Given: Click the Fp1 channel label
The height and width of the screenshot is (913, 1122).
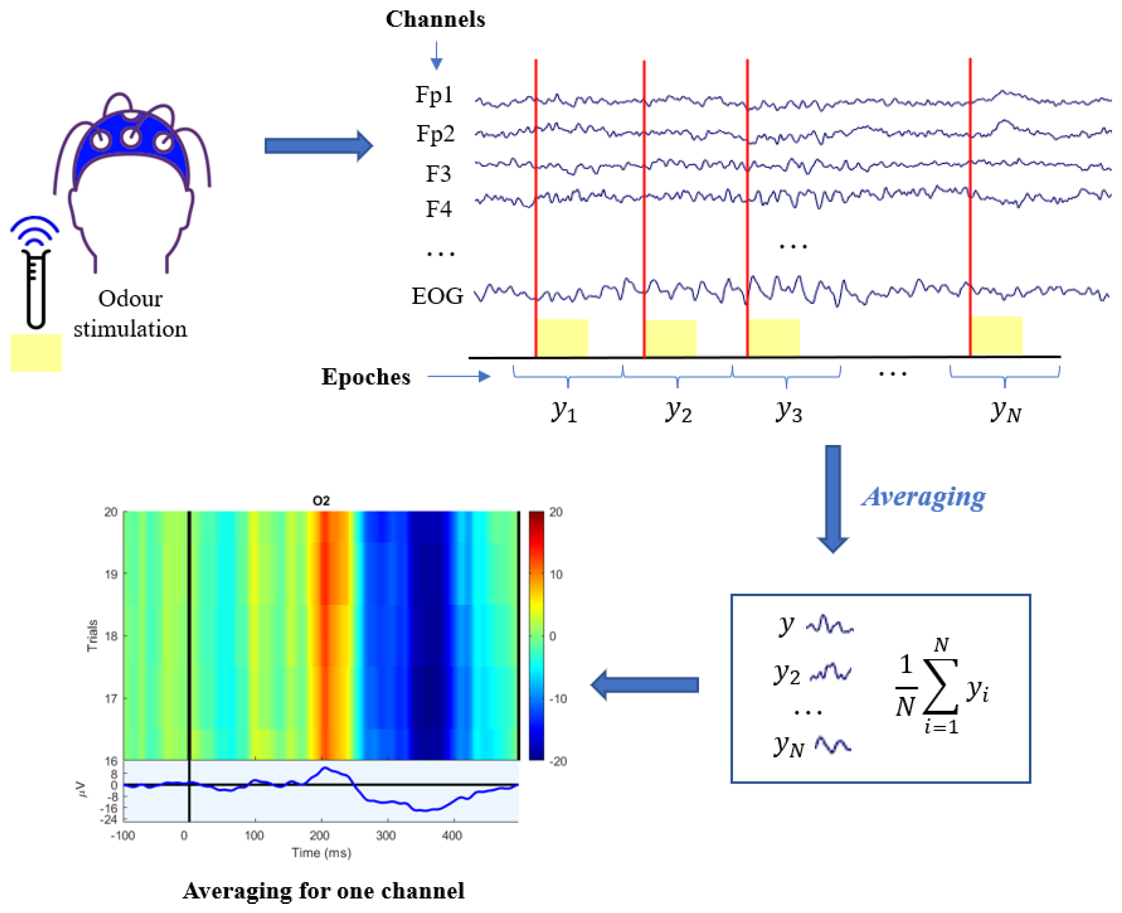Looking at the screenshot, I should click(434, 95).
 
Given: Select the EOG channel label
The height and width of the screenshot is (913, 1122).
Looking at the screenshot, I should click(437, 296).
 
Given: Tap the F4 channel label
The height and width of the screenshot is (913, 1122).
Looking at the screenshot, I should click(438, 209).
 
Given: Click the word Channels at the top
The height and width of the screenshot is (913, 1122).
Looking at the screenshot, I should click(435, 19).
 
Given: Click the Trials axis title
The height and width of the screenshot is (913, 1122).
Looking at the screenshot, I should click(92, 635).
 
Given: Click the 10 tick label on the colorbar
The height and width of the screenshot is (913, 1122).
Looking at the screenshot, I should click(556, 574).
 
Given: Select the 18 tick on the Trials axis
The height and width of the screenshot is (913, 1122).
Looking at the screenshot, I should click(111, 636).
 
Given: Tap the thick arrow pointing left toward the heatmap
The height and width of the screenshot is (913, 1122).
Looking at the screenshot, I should click(645, 685).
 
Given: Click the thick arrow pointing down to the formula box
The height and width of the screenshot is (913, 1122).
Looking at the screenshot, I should click(832, 497).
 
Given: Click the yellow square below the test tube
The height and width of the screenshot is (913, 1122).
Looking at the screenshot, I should click(36, 353).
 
